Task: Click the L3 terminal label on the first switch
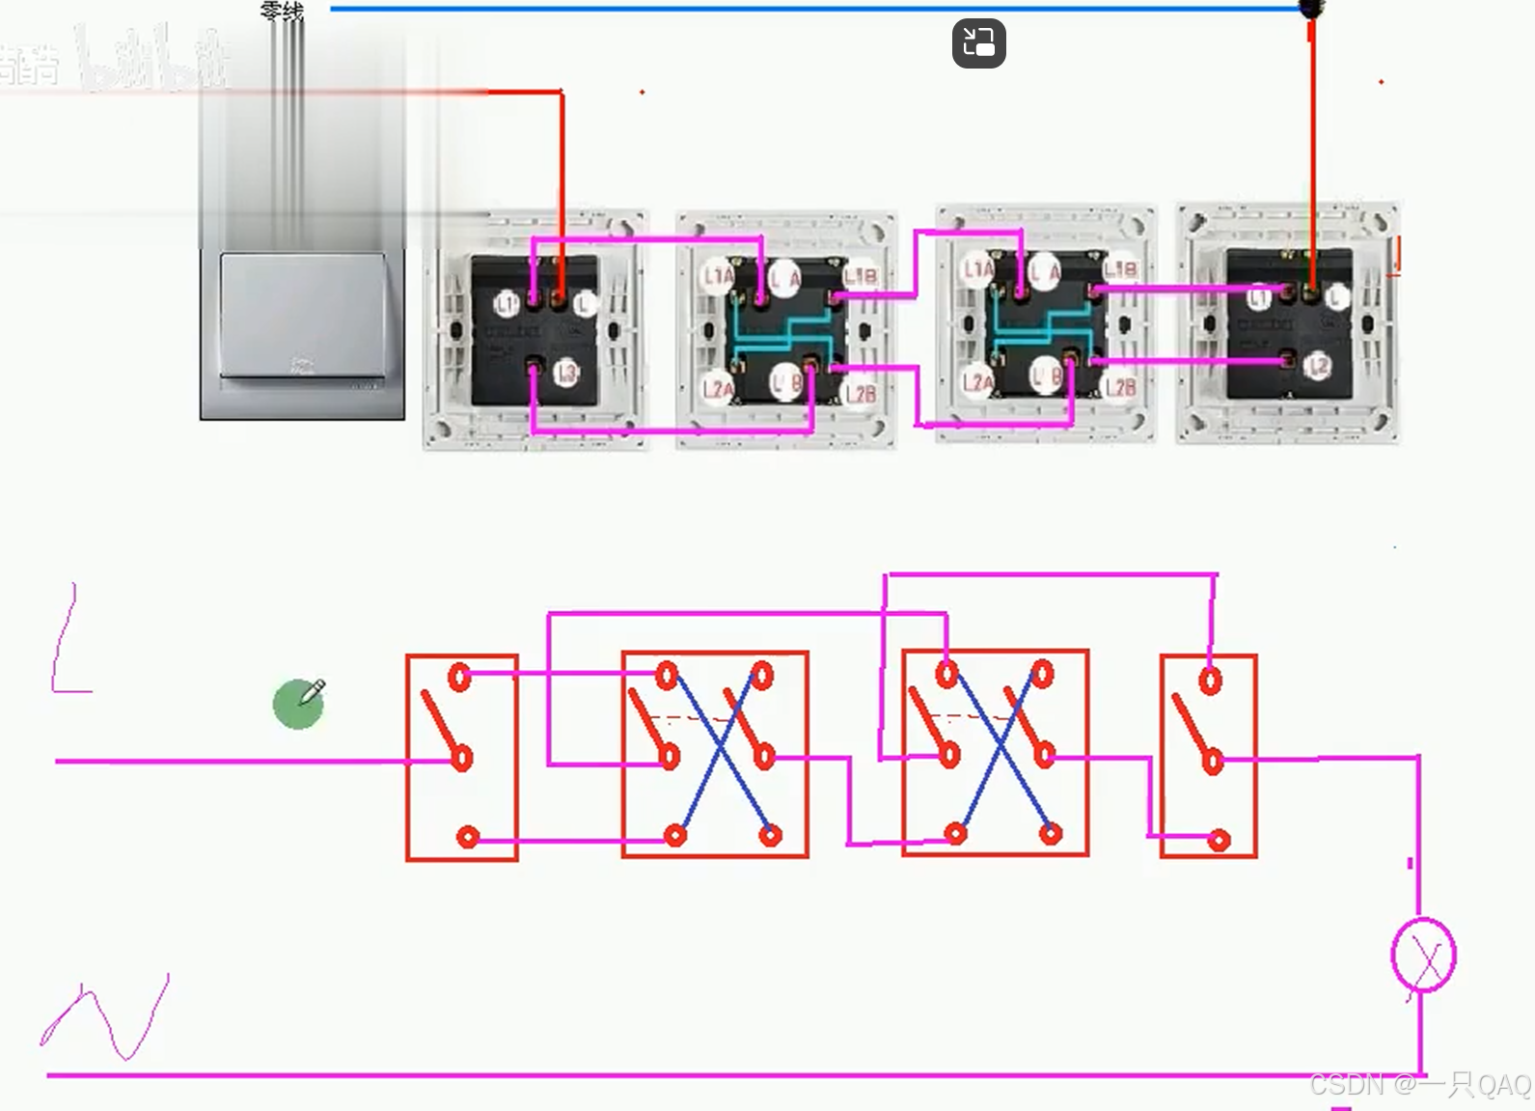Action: tap(566, 374)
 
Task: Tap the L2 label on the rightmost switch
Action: tap(1318, 366)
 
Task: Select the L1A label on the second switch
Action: tap(717, 277)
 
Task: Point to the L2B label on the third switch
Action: tap(1119, 387)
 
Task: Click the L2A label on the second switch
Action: tap(717, 390)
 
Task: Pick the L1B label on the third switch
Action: tap(1119, 269)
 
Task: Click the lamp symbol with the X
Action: tap(1424, 956)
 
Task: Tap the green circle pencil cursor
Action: tap(299, 704)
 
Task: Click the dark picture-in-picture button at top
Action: tap(978, 43)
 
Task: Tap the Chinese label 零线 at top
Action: tap(282, 12)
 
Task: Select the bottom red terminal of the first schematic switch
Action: tap(468, 837)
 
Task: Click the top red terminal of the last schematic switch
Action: tap(1211, 680)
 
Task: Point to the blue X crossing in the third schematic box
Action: tap(1000, 750)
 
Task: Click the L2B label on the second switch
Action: tap(860, 393)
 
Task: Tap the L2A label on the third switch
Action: tap(977, 383)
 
